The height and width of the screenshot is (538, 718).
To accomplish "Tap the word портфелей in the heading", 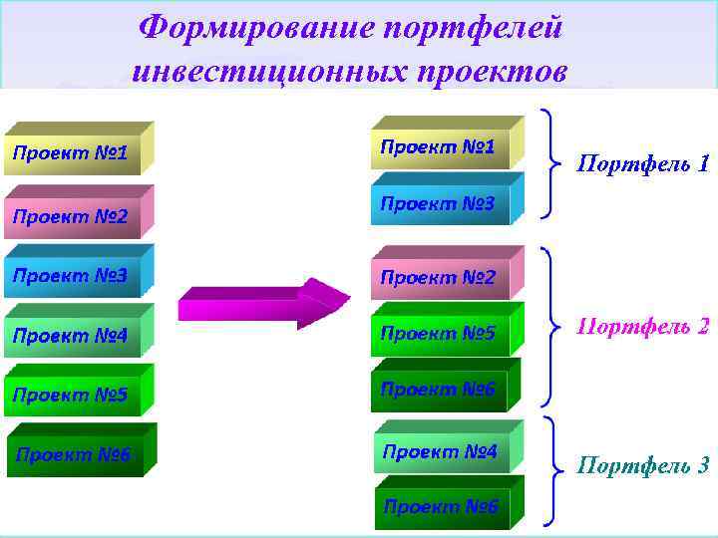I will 473,27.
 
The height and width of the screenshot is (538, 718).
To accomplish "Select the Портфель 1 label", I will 644,163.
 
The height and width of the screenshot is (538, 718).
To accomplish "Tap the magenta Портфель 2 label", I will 644,326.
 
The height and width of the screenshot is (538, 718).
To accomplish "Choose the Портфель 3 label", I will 644,464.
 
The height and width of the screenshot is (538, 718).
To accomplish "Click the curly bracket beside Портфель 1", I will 550,161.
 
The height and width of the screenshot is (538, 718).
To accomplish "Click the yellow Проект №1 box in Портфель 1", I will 439,147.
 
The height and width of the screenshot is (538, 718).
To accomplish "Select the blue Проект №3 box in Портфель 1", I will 439,203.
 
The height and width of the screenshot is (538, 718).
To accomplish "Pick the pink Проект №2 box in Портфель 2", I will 439,277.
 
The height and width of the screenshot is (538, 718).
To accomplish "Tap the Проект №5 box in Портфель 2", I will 439,333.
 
